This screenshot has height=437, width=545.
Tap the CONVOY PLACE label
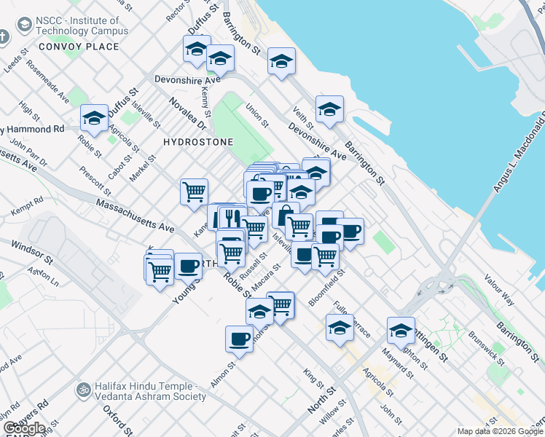coord(79,47)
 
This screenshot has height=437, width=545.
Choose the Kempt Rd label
coord(27,206)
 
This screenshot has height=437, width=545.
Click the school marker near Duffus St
coord(196,49)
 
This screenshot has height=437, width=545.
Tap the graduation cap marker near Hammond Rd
coord(94,118)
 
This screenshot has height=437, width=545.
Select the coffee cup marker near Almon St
coord(239,338)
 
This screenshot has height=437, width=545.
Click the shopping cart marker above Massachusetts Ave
coord(194,192)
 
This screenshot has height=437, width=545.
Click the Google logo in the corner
coord(23,428)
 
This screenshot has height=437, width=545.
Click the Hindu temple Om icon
coord(84,390)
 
